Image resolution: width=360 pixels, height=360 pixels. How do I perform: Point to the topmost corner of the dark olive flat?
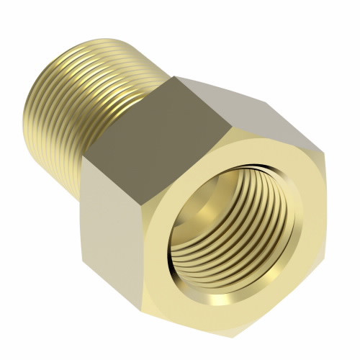click(x=176, y=76)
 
